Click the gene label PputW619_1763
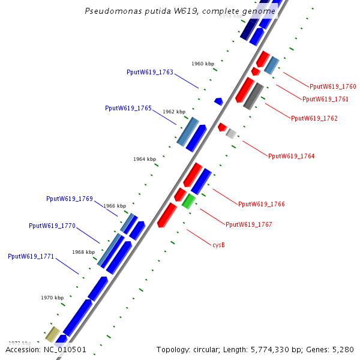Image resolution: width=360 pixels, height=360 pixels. coord(150,72)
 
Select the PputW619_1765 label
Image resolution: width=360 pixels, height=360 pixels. coord(128,108)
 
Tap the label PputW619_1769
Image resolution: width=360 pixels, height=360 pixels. coord(70,199)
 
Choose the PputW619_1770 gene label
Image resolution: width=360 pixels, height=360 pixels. coord(52,226)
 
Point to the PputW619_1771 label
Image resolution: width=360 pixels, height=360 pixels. coord(31,256)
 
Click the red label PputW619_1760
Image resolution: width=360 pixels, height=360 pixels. coord(333,86)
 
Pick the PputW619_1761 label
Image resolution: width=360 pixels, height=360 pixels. coord(325,99)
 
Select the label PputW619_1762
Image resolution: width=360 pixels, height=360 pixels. coord(314,118)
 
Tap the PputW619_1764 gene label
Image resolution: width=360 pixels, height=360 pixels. coord(292,156)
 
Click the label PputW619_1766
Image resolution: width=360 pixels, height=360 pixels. coord(262,204)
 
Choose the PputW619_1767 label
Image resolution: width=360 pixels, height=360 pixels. coord(249,224)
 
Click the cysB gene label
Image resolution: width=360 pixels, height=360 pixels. coord(219,245)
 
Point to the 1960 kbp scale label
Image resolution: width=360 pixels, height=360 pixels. coord(203,64)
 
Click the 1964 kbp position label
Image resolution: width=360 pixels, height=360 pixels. coord(145,159)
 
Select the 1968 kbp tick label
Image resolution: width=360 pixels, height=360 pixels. coord(83,252)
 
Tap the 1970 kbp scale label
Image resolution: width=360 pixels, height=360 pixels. coord(52,298)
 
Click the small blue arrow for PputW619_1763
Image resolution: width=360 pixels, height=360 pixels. coord(219,101)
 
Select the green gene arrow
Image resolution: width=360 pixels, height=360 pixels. coord(189,201)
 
